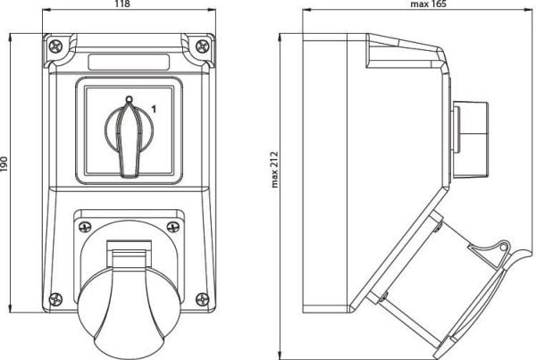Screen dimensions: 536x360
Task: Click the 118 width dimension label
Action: tap(122, 4)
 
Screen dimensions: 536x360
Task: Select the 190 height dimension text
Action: tap(4, 163)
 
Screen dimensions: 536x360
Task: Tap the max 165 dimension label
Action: tap(428, 4)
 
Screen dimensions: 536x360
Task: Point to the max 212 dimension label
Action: tap(274, 169)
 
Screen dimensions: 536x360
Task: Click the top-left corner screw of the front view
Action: tap(55, 46)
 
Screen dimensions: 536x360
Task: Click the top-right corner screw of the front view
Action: tap(203, 46)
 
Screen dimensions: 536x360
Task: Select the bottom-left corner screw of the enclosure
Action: tap(55, 299)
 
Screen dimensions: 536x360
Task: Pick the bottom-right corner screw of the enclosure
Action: tap(203, 299)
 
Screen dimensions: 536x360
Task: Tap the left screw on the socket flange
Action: tap(85, 226)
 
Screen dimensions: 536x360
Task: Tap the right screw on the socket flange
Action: tap(173, 226)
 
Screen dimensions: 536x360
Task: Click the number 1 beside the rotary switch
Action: tap(154, 109)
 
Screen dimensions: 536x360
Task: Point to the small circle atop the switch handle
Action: tap(129, 99)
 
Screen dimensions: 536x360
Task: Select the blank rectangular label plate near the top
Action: tap(129, 62)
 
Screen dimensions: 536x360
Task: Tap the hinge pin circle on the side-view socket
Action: tap(503, 247)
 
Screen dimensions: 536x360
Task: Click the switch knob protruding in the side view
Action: tap(471, 139)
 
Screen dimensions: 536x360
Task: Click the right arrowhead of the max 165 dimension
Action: tap(530, 10)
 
